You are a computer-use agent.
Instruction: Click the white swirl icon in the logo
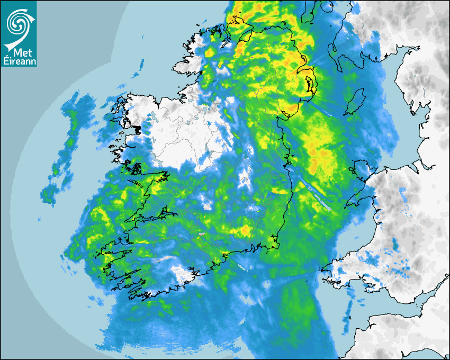coord(17,23)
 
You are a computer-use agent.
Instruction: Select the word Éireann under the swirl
coord(19,61)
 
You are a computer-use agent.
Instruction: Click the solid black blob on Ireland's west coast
coord(138,129)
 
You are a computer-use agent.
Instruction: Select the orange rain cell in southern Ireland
coord(246,230)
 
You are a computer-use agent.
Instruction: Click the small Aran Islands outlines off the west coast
coord(139,185)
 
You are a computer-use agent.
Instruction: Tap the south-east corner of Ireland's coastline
coord(275,244)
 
